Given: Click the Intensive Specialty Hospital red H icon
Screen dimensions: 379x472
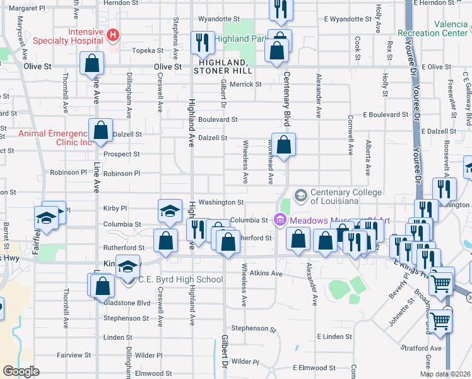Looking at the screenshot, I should click(x=113, y=33).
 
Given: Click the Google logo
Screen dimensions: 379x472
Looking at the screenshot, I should click(x=21, y=371).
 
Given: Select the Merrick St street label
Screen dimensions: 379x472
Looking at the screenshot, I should click(x=245, y=84).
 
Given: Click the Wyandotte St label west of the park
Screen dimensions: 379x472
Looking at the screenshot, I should click(x=220, y=18).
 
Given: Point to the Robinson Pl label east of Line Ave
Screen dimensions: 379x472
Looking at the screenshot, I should click(x=121, y=173).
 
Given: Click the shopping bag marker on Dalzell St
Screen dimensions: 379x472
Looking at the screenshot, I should click(x=101, y=131).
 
